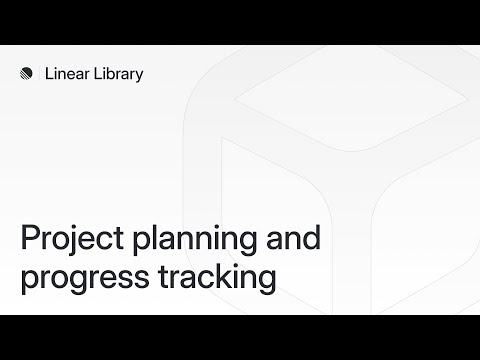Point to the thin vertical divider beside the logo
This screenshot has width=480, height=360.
coord(41,73)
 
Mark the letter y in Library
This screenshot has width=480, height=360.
coord(139,76)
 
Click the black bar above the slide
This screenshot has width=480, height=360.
coord(240,22)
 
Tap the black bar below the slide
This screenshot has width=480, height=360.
coord(240,337)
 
